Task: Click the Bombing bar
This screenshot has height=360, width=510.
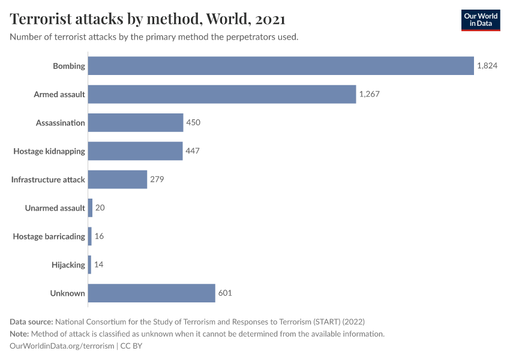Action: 281,66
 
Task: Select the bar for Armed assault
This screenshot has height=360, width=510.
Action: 222,94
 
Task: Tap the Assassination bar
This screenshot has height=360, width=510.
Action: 136,122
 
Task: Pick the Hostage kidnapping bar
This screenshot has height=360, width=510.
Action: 135,151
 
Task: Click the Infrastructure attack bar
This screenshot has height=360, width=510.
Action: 118,179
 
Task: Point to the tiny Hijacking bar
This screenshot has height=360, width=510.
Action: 89,265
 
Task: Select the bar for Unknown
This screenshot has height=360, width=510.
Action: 151,293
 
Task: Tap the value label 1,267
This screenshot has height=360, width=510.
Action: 370,94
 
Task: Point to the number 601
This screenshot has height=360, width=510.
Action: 225,293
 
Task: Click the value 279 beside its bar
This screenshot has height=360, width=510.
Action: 157,179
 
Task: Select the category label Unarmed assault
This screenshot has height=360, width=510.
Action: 55,208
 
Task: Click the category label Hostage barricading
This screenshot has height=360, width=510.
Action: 49,236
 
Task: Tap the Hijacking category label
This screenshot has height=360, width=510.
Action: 69,265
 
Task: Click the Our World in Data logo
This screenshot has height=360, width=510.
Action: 481,20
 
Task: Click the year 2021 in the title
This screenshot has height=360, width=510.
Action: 271,19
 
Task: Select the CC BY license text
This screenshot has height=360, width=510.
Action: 131,346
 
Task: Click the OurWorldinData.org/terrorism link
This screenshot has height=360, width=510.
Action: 62,346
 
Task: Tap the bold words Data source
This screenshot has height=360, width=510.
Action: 31,321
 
